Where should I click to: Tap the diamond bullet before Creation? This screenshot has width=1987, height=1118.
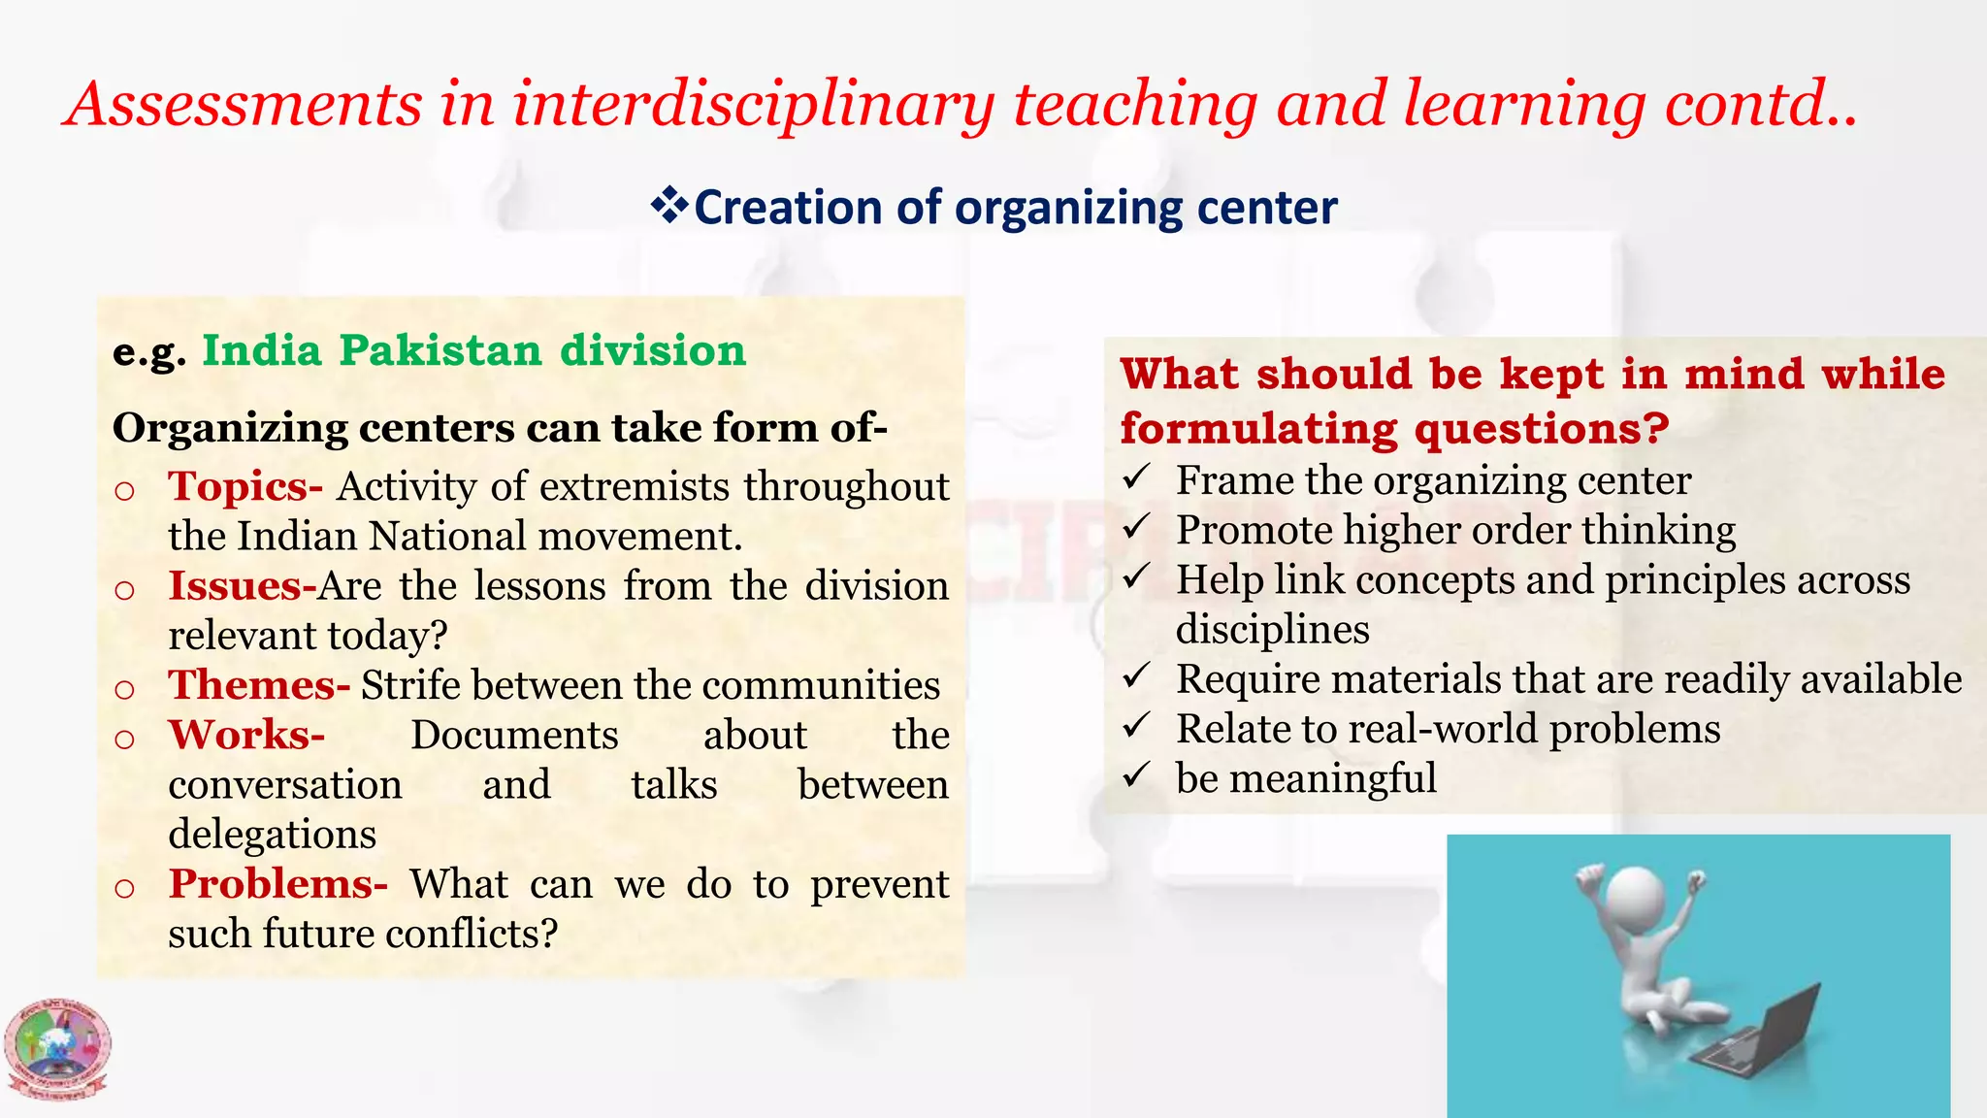[668, 206]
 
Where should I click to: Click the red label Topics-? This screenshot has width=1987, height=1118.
[244, 486]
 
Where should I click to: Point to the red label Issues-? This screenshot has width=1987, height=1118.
[242, 586]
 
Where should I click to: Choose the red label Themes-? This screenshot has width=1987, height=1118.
[258, 685]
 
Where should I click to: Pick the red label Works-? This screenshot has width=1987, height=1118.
[246, 735]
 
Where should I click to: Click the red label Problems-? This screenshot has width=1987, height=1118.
[277, 884]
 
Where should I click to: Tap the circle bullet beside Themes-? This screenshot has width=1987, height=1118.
[124, 689]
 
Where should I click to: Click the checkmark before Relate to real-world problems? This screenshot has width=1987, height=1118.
[1136, 726]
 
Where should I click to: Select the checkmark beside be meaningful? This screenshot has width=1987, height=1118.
[1136, 775]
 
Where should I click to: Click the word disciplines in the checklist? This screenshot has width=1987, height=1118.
[1272, 630]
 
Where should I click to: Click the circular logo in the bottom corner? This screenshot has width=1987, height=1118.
[57, 1049]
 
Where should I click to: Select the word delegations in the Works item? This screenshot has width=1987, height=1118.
[272, 835]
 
